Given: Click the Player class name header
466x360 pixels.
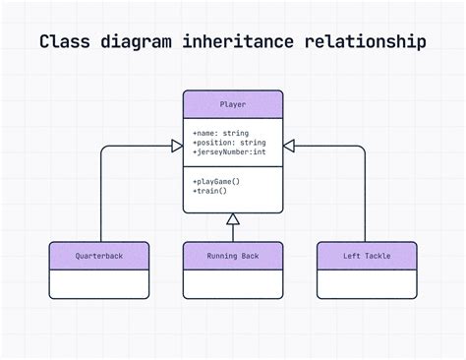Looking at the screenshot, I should coord(233,104).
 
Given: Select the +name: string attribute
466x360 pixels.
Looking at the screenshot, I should coord(221,132).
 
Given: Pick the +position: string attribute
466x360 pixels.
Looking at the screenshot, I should coord(229,143).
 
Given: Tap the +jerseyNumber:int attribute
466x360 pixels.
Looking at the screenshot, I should coord(229,153).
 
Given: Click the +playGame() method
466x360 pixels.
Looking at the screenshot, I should coord(216,181).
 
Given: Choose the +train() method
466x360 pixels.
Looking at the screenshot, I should coord(210,192).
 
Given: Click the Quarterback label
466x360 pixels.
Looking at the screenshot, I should coord(99,256).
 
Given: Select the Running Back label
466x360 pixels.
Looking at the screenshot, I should coord(233,256).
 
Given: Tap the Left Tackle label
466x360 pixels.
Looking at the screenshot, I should coord(367,256).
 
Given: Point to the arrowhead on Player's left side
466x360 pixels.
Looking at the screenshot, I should coord(177,147).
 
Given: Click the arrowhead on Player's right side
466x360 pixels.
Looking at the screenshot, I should coord(289,147).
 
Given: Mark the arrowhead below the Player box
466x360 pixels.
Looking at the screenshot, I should coord(233,220).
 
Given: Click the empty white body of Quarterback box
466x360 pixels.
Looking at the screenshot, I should coord(99,283).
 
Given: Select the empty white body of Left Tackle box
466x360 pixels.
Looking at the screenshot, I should coord(367,283).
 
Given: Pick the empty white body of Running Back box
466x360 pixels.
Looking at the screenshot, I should coord(233,283).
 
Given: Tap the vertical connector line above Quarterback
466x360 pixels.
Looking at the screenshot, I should coord(100,197).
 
